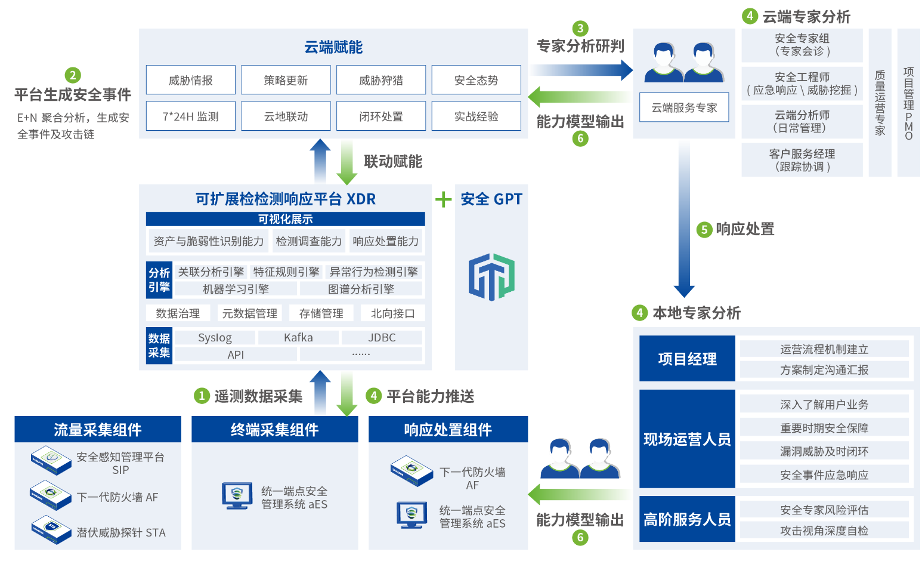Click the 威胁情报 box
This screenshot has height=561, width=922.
point(191,80)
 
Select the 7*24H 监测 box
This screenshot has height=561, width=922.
point(191,116)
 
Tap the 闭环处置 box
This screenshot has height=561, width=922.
point(381,116)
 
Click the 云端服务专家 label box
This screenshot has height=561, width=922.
point(684,107)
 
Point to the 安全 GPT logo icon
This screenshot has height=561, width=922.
point(491,277)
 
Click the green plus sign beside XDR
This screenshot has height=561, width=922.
point(443,199)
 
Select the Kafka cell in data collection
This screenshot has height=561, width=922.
point(298,338)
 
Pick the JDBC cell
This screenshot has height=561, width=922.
point(382,338)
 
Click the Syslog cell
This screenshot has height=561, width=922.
point(215,338)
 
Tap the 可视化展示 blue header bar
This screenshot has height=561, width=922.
point(285,219)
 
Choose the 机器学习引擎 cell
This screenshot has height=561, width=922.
point(236,289)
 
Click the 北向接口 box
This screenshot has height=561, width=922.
point(392,313)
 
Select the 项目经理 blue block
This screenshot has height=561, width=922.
point(687,359)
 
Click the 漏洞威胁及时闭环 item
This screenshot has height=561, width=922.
point(824,451)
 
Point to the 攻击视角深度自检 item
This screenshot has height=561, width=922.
point(824,531)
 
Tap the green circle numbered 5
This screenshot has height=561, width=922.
point(704,230)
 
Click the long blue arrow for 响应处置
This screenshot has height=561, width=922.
point(684,221)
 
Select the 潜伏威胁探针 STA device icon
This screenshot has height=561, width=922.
point(51,530)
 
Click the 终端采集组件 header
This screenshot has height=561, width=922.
point(274,430)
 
